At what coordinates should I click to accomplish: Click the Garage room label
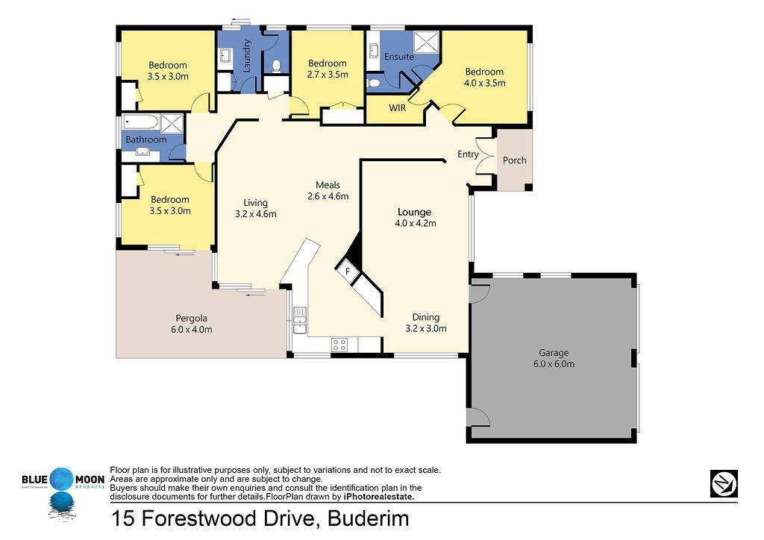pos(554,353)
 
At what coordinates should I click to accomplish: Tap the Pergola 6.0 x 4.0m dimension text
pos(192,330)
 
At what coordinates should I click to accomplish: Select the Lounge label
pos(415,213)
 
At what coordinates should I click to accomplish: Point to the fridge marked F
pos(348,271)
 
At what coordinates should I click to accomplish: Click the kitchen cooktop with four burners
pos(339,345)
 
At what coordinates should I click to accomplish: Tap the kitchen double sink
pos(300,321)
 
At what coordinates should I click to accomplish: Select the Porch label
pos(515,160)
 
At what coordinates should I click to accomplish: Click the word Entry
pos(468,154)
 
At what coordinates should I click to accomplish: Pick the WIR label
pos(397,108)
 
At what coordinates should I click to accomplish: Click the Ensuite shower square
pos(427,43)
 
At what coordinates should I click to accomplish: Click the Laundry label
pos(247,56)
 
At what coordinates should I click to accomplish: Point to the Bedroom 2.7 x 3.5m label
pos(328,69)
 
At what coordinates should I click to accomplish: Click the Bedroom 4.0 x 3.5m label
pos(485,78)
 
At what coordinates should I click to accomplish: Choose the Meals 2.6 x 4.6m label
pos(328,190)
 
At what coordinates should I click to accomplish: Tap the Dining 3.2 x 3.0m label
pos(426,323)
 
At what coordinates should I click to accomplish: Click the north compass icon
pos(724,483)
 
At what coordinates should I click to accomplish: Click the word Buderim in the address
pos(369,518)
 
